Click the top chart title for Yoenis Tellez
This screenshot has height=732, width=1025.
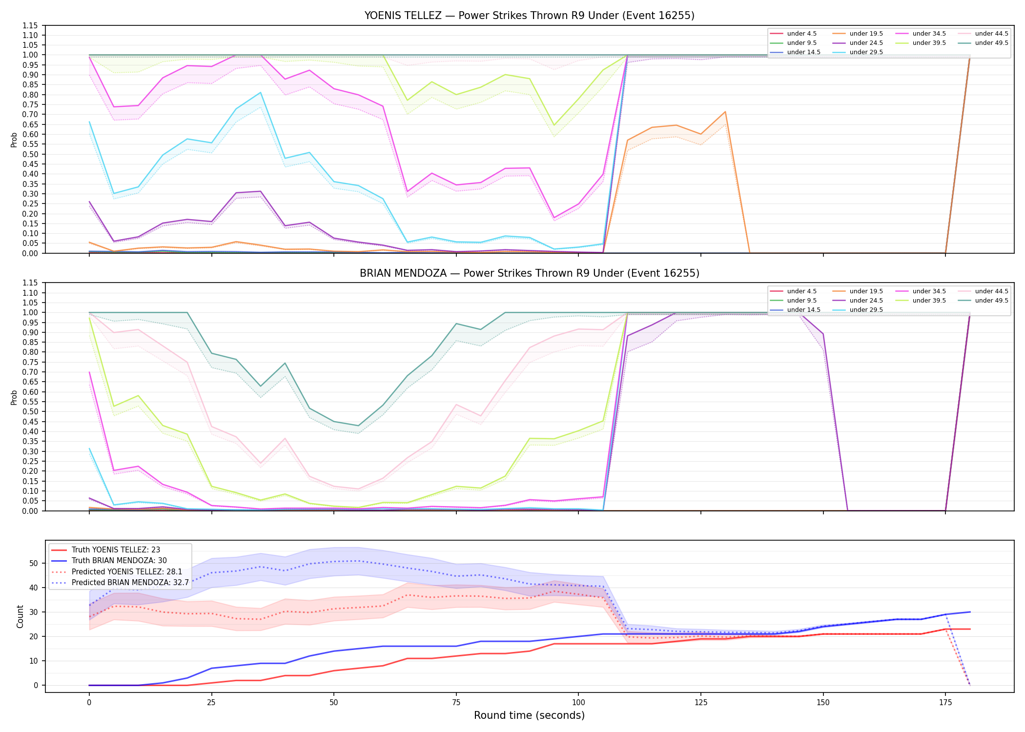[x=529, y=16]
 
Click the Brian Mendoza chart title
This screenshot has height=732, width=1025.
[x=529, y=273]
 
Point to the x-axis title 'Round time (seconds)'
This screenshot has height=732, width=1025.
[x=529, y=715]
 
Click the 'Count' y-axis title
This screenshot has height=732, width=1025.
[x=20, y=616]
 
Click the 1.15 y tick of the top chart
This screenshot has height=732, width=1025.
[x=30, y=25]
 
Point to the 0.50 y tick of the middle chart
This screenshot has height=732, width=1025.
[x=30, y=411]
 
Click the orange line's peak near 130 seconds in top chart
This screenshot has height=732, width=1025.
[x=725, y=112]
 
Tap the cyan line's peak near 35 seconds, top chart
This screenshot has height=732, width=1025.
[x=260, y=93]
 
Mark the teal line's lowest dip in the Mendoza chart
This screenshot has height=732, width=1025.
[x=358, y=426]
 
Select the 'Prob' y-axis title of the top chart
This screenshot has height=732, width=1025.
[x=14, y=140]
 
